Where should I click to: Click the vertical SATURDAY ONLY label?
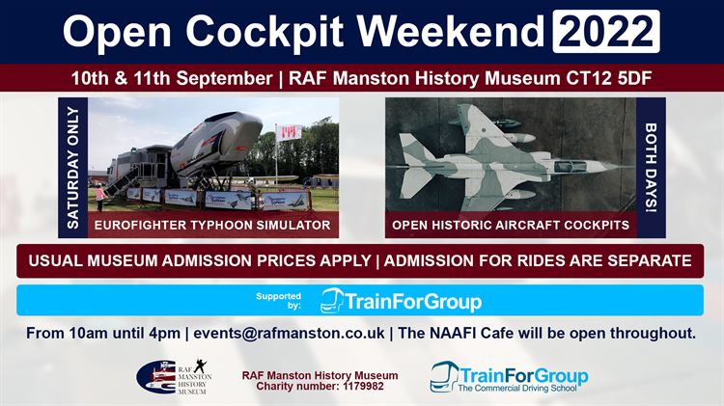click(x=73, y=167)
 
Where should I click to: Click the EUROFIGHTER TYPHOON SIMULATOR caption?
click(x=212, y=226)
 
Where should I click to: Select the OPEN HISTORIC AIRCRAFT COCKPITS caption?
click(x=512, y=226)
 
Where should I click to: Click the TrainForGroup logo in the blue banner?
click(x=402, y=301)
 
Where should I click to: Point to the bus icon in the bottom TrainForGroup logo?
click(x=445, y=375)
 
